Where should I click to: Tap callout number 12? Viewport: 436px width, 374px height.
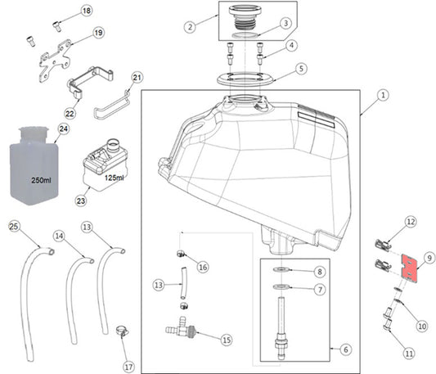pos(411,221)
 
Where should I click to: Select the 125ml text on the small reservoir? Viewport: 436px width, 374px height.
pos(115,178)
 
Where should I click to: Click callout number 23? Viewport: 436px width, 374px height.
pos(81,198)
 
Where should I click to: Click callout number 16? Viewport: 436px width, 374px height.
pos(203,267)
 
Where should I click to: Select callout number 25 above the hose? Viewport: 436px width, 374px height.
pos(15,224)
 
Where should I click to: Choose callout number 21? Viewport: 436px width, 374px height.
pos(137,78)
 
